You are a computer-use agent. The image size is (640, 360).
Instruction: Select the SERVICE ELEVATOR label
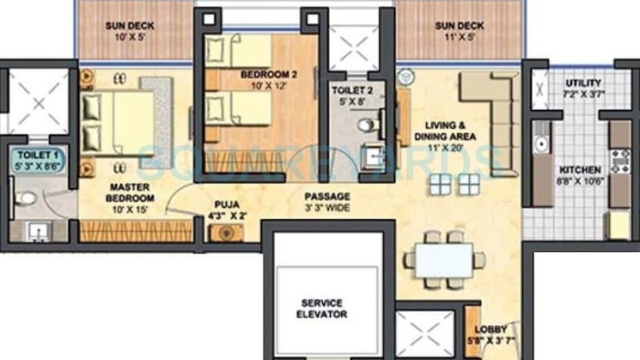322,308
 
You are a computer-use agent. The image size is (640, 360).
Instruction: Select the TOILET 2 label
356,94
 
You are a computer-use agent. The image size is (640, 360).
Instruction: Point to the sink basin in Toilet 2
372,157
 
